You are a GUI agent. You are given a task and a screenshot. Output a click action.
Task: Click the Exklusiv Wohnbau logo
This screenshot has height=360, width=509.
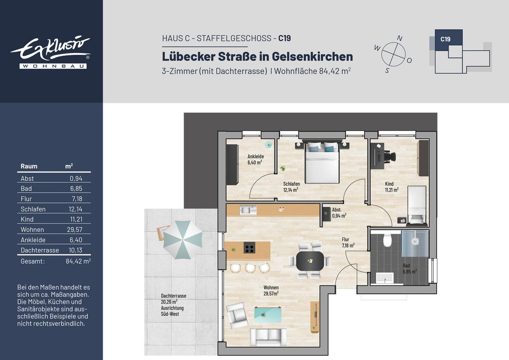click(x=50, y=52)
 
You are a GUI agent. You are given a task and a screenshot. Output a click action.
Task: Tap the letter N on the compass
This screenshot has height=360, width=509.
click(x=400, y=39)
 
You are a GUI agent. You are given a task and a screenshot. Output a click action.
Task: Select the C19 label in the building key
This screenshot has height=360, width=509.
click(x=445, y=39)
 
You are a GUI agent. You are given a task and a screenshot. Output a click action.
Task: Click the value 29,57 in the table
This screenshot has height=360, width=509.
click(x=75, y=230)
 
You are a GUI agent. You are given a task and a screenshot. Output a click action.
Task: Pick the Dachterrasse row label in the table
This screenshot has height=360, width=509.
click(x=39, y=250)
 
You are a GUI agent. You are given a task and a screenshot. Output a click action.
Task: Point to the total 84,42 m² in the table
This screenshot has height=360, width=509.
click(x=78, y=261)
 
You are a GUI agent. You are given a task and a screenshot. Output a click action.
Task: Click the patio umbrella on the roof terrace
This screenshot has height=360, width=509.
click(x=182, y=240)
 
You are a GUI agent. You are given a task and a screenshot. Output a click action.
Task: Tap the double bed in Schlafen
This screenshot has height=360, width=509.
click(x=322, y=162)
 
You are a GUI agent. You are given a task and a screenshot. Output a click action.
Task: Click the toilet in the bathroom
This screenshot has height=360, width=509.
click(x=387, y=240)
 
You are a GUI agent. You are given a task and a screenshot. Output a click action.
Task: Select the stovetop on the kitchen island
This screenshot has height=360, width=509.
click(x=249, y=248)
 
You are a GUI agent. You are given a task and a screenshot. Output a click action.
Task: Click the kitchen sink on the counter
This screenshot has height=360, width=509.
click(x=248, y=210)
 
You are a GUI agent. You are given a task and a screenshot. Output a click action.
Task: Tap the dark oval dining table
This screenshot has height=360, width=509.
click(x=310, y=261)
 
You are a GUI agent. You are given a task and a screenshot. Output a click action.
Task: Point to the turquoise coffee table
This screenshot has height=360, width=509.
click(x=268, y=315)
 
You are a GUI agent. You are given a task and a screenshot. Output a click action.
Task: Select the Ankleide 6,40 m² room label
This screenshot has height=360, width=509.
click(x=255, y=159)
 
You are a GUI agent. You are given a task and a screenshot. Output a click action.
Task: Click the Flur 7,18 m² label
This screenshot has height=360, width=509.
click(x=348, y=243)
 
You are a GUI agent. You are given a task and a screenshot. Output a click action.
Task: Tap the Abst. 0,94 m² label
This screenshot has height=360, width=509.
click(x=339, y=212)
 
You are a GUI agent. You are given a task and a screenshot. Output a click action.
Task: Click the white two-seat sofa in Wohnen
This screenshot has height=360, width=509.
click(x=268, y=337)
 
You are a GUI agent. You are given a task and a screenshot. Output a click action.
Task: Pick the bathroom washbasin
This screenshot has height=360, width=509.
click(x=385, y=278)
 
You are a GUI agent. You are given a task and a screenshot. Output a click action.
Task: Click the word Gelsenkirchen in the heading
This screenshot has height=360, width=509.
click(x=313, y=56)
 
